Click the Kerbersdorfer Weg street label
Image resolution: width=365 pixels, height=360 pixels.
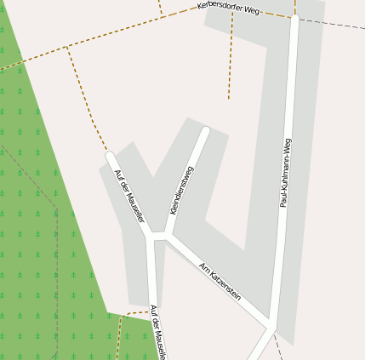pyautogui.click(x=227, y=9)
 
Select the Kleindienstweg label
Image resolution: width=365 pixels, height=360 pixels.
pyautogui.click(x=183, y=190)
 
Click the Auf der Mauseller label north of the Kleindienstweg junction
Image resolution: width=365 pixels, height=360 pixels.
pyautogui.click(x=129, y=196)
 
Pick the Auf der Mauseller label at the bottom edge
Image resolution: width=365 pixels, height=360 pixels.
pyautogui.click(x=157, y=333)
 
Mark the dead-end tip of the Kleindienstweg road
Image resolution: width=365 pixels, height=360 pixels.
pyautogui.click(x=205, y=130)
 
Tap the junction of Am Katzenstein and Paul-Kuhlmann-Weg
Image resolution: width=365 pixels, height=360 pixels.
pyautogui.click(x=271, y=326)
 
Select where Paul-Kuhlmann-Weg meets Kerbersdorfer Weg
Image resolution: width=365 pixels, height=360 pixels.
pyautogui.click(x=294, y=18)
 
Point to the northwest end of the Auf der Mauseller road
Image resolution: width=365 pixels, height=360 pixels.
pyautogui.click(x=109, y=155)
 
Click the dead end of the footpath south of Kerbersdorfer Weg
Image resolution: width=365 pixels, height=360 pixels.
pyautogui.click(x=228, y=99)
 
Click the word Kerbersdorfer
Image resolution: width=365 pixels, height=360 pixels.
pyautogui.click(x=217, y=8)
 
